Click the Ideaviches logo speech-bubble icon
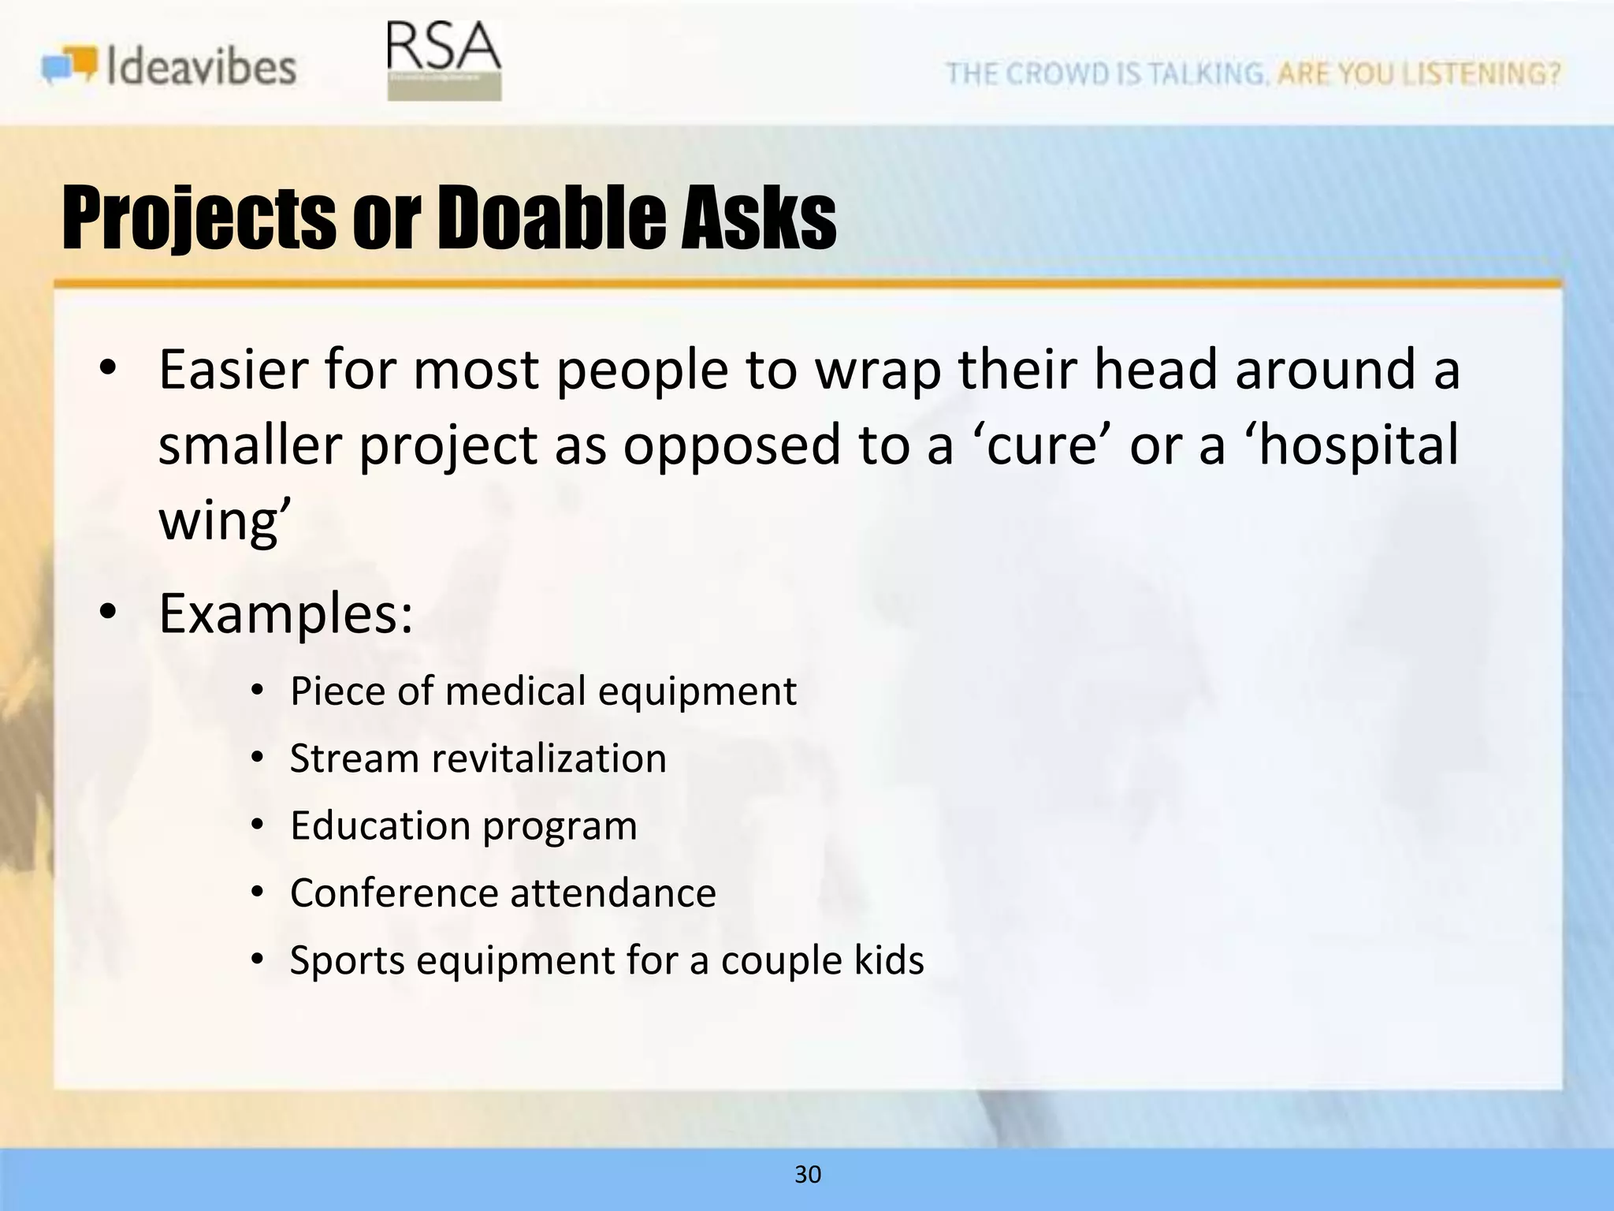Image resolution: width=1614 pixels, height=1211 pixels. coord(70,65)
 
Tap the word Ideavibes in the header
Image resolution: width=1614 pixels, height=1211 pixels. coord(202,67)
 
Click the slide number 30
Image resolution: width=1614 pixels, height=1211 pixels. coord(808,1175)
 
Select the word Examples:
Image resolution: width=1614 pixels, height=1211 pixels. coord(285,613)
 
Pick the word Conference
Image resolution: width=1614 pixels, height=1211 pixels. coord(393,893)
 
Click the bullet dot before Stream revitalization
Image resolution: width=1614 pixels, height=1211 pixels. coord(256,759)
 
